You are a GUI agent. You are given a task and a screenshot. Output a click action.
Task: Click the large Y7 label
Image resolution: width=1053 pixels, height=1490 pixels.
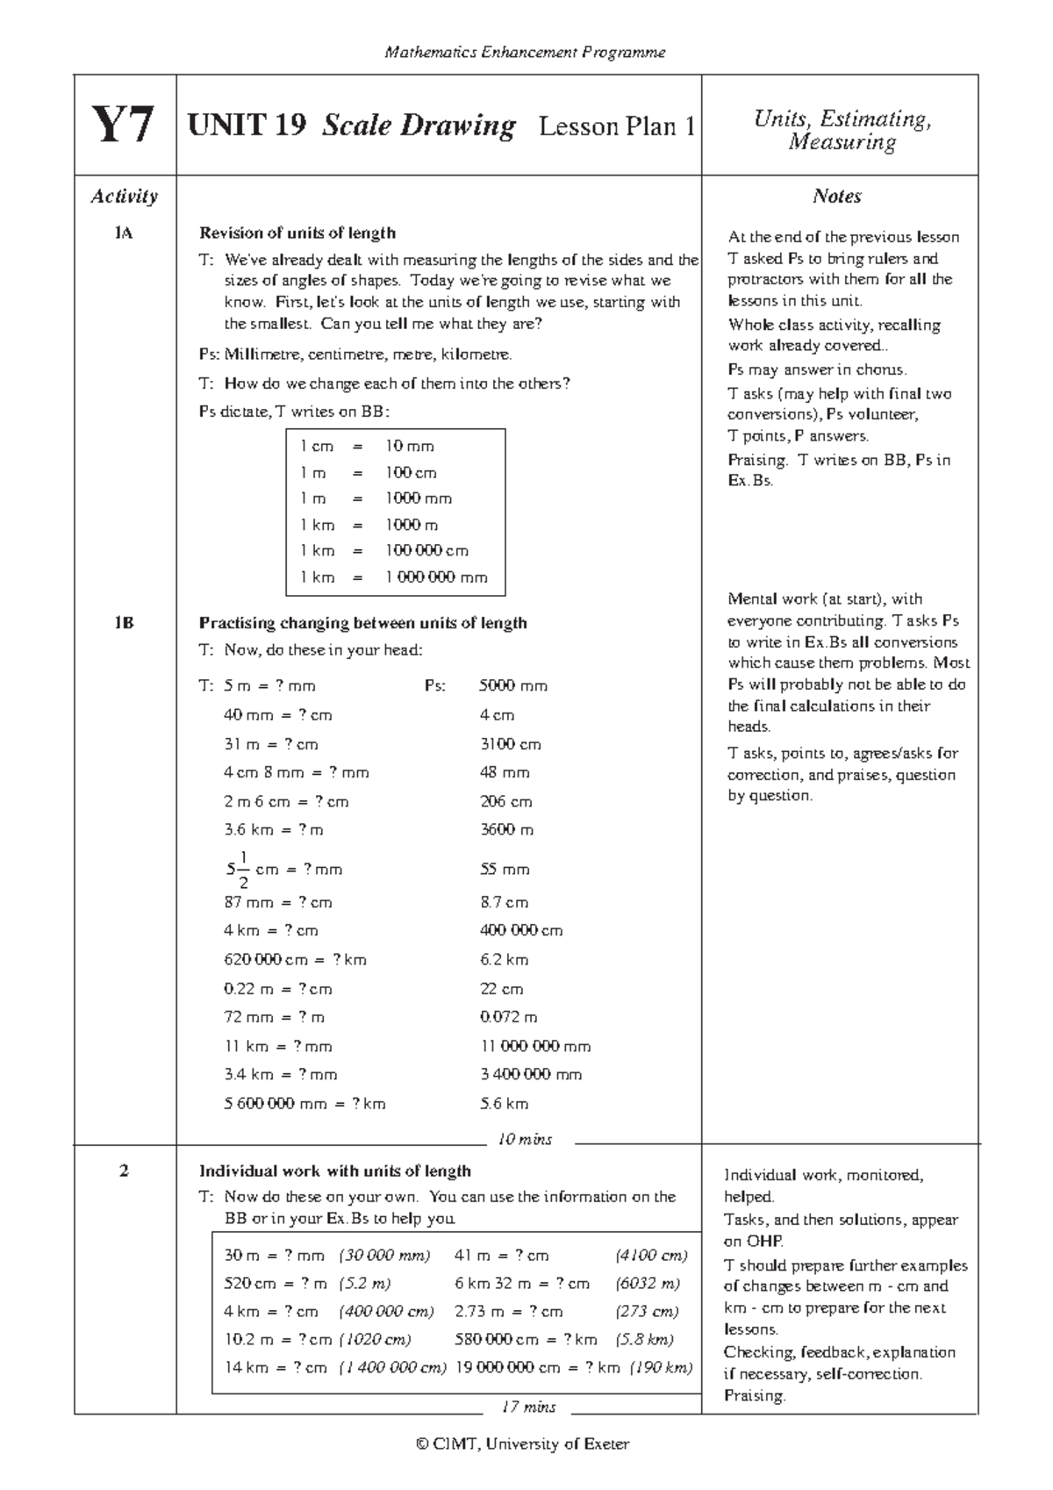124,125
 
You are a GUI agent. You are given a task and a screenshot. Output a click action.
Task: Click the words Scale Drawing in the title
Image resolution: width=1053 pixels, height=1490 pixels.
419,126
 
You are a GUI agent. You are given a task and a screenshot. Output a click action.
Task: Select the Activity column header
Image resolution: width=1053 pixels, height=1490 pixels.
124,197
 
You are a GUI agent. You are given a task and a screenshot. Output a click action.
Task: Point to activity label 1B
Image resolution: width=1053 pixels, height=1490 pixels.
124,623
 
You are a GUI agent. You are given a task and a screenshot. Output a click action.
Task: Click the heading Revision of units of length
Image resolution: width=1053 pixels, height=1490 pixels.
297,233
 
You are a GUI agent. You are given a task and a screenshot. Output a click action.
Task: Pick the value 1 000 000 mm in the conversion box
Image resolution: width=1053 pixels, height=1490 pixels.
436,577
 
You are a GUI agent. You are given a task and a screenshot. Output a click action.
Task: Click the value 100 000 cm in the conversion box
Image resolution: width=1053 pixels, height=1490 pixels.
426,551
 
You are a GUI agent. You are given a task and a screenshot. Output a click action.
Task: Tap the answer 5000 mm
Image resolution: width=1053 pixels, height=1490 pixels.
513,686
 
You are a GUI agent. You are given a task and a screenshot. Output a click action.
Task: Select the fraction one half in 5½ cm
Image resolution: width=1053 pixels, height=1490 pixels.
243,870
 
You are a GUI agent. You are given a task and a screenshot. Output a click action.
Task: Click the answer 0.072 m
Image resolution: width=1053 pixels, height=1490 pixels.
509,1018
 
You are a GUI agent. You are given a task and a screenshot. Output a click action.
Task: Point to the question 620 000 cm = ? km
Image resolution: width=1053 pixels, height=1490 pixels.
295,960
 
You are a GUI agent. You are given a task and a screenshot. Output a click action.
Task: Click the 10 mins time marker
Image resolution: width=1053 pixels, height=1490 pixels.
525,1140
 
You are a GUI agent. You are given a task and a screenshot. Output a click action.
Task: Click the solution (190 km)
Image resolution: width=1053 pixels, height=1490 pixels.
661,1367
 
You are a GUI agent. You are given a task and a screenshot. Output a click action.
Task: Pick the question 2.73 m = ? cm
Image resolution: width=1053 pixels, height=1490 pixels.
509,1312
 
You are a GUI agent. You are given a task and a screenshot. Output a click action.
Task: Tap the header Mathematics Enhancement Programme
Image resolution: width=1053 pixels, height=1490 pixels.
525,53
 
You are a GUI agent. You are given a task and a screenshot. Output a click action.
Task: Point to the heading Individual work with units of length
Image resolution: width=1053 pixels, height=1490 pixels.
334,1171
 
